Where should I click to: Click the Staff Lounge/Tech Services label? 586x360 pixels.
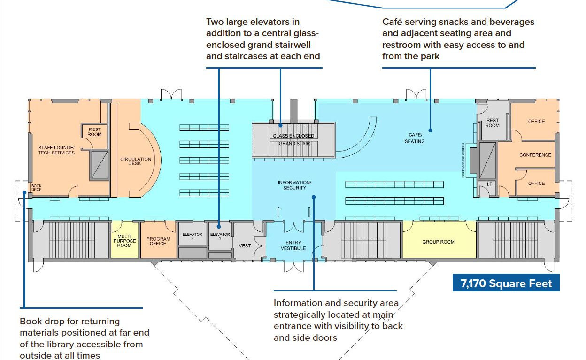56,150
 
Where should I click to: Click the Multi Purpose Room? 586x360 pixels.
124,241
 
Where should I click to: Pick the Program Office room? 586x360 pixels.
158,241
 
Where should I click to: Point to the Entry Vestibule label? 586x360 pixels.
293,245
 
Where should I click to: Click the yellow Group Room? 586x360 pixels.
438,242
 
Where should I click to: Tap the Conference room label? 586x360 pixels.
535,155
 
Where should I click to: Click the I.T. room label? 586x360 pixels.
489,184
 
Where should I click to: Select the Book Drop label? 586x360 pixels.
37,187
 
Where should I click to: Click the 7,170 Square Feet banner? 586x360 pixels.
506,283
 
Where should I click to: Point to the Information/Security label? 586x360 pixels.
294,184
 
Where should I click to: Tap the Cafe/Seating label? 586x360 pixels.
415,138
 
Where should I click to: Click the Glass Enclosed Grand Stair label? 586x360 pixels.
293,139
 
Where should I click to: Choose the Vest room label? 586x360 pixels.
245,245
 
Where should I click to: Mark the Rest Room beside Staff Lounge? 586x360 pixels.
94,131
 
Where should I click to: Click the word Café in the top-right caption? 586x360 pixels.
393,22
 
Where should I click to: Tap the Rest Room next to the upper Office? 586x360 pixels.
492,123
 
